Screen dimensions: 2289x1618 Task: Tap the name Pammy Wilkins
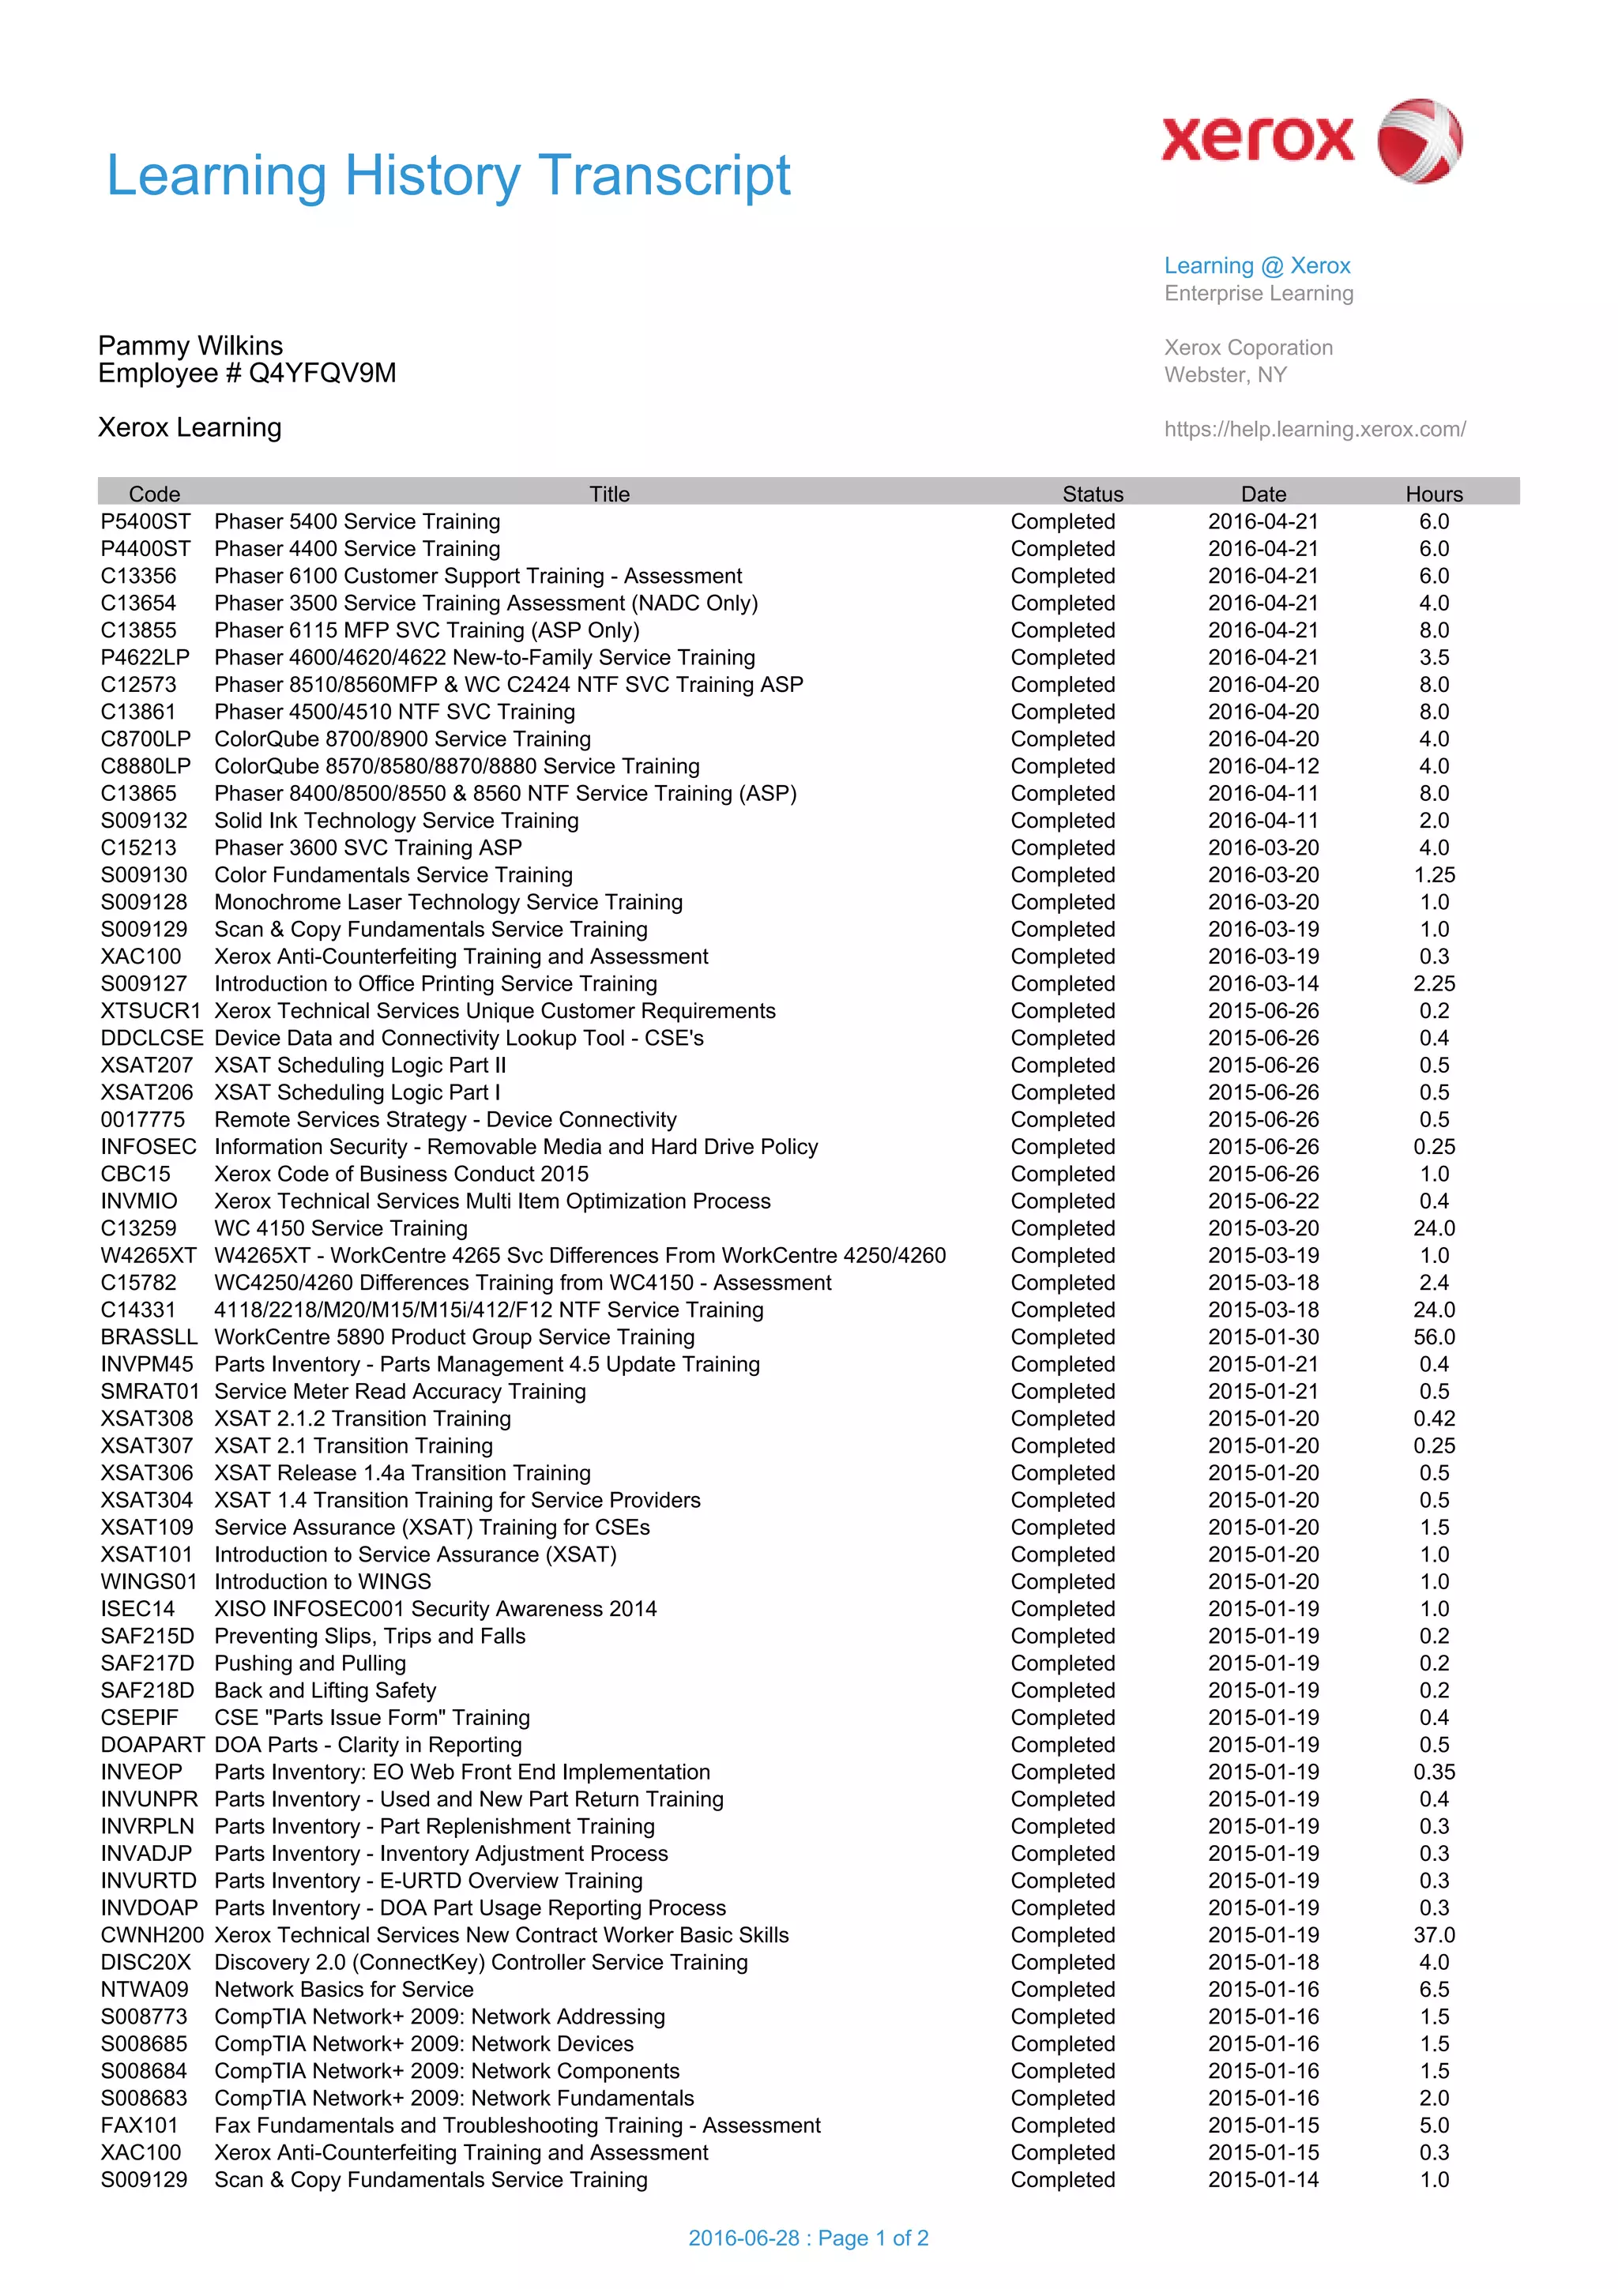tap(190, 346)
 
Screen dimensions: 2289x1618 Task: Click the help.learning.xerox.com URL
tap(1314, 429)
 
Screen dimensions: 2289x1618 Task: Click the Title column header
tap(609, 494)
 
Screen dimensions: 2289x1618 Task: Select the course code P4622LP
tap(145, 657)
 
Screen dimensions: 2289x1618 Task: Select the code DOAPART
tap(152, 1745)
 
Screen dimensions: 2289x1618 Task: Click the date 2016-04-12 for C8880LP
tap(1262, 765)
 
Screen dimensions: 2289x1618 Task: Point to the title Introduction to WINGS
tap(322, 1581)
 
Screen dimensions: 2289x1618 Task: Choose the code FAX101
tap(138, 2125)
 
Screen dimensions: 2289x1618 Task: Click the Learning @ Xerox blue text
tap(1256, 265)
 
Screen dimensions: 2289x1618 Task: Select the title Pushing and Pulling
tap(310, 1663)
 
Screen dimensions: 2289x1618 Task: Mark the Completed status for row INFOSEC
tap(1062, 1147)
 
